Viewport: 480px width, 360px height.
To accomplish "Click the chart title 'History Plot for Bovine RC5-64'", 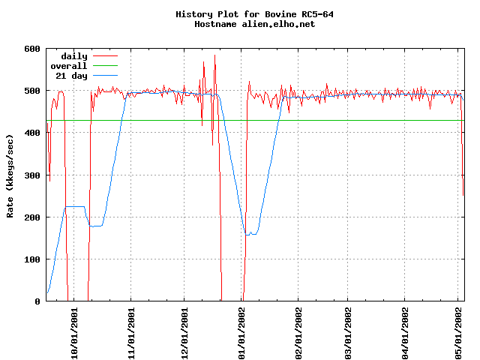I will coord(240,14).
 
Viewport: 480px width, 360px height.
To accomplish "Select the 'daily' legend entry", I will coord(74,56).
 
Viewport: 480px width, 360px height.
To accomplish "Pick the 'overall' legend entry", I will coord(69,66).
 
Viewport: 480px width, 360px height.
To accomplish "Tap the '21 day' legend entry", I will coord(69,76).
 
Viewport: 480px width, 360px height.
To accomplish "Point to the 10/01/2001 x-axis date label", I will coord(74,330).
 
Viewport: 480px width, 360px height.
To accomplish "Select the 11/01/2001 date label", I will coord(131,330).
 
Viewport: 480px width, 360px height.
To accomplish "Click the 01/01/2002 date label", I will coord(241,330).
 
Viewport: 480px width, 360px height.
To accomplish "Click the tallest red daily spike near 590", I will coord(214,55).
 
